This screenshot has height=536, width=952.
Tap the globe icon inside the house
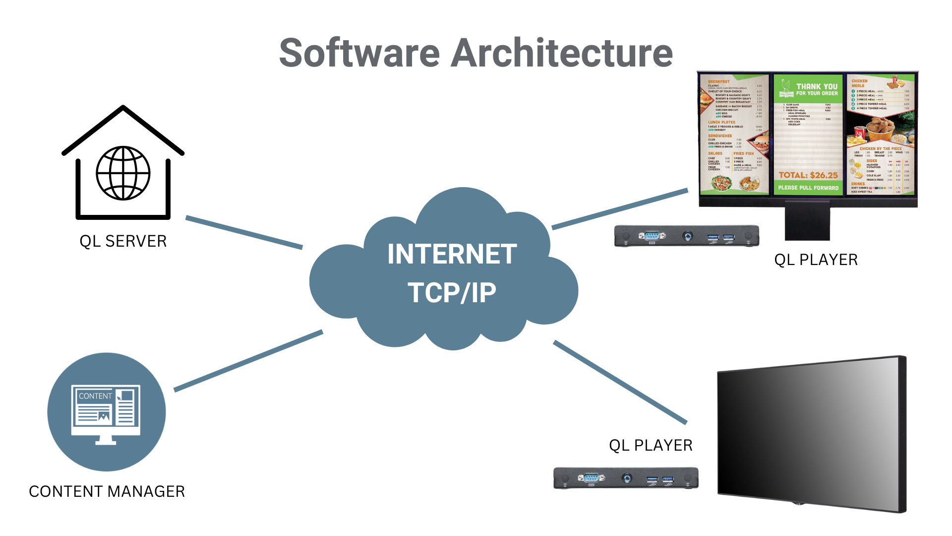click(x=123, y=173)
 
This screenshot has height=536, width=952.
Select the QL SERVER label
click(x=123, y=241)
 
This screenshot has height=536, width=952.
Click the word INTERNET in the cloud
click(x=452, y=254)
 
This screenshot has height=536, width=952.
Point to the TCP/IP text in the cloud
click(x=452, y=292)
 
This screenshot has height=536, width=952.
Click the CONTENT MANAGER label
click(x=107, y=491)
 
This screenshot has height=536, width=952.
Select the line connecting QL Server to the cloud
click(x=244, y=232)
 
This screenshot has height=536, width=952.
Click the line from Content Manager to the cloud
click(x=248, y=361)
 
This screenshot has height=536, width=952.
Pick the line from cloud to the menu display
click(x=620, y=208)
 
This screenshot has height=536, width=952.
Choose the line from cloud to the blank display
click(x=620, y=382)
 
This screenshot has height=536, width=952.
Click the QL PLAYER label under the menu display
click(x=816, y=260)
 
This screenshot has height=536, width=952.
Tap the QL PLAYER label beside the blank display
click(x=651, y=445)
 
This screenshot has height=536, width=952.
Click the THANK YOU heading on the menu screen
click(x=817, y=86)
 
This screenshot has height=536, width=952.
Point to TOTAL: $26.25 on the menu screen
click(x=808, y=175)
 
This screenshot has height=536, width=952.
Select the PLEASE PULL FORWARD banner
click(x=808, y=188)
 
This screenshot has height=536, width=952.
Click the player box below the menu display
click(x=687, y=236)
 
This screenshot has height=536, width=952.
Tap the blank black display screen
click(x=808, y=432)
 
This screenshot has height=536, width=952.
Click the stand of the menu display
click(x=807, y=223)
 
